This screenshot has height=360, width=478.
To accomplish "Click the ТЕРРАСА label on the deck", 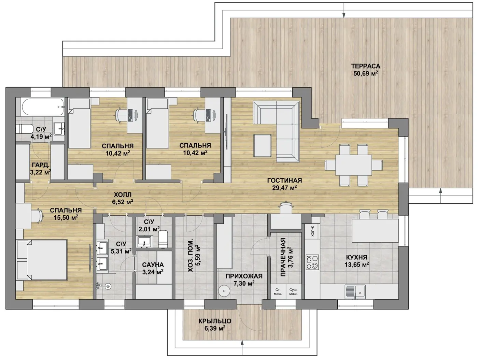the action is click(366, 66).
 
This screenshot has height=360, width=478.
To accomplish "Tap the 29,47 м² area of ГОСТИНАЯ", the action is click(284, 187).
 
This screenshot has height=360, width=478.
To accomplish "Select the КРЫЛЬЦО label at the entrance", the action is click(215, 321).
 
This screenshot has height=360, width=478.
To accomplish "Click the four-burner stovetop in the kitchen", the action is click(312, 262).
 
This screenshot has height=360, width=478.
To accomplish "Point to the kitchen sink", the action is click(355, 291).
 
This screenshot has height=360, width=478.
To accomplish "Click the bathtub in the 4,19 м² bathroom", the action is click(43, 107).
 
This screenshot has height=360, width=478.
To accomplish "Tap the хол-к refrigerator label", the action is click(312, 231).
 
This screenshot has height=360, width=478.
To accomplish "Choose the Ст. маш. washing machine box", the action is click(278, 292).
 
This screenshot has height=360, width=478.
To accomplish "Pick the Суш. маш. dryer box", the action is click(293, 292).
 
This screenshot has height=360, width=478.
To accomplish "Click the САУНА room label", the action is click(153, 265).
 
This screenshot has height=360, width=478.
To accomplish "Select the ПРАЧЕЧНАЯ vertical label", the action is click(283, 257).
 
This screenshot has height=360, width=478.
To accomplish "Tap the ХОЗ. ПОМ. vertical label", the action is click(190, 256).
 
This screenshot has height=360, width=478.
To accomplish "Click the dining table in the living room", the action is click(353, 165).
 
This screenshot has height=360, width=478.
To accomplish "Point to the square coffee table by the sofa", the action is click(263, 145).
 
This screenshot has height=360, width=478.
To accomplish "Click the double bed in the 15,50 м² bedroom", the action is click(42, 260).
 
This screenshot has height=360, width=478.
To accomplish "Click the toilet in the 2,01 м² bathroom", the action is click(163, 239).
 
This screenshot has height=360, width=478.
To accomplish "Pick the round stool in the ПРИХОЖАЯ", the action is click(224, 290).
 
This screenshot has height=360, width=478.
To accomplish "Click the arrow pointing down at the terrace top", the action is click(344, 10).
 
